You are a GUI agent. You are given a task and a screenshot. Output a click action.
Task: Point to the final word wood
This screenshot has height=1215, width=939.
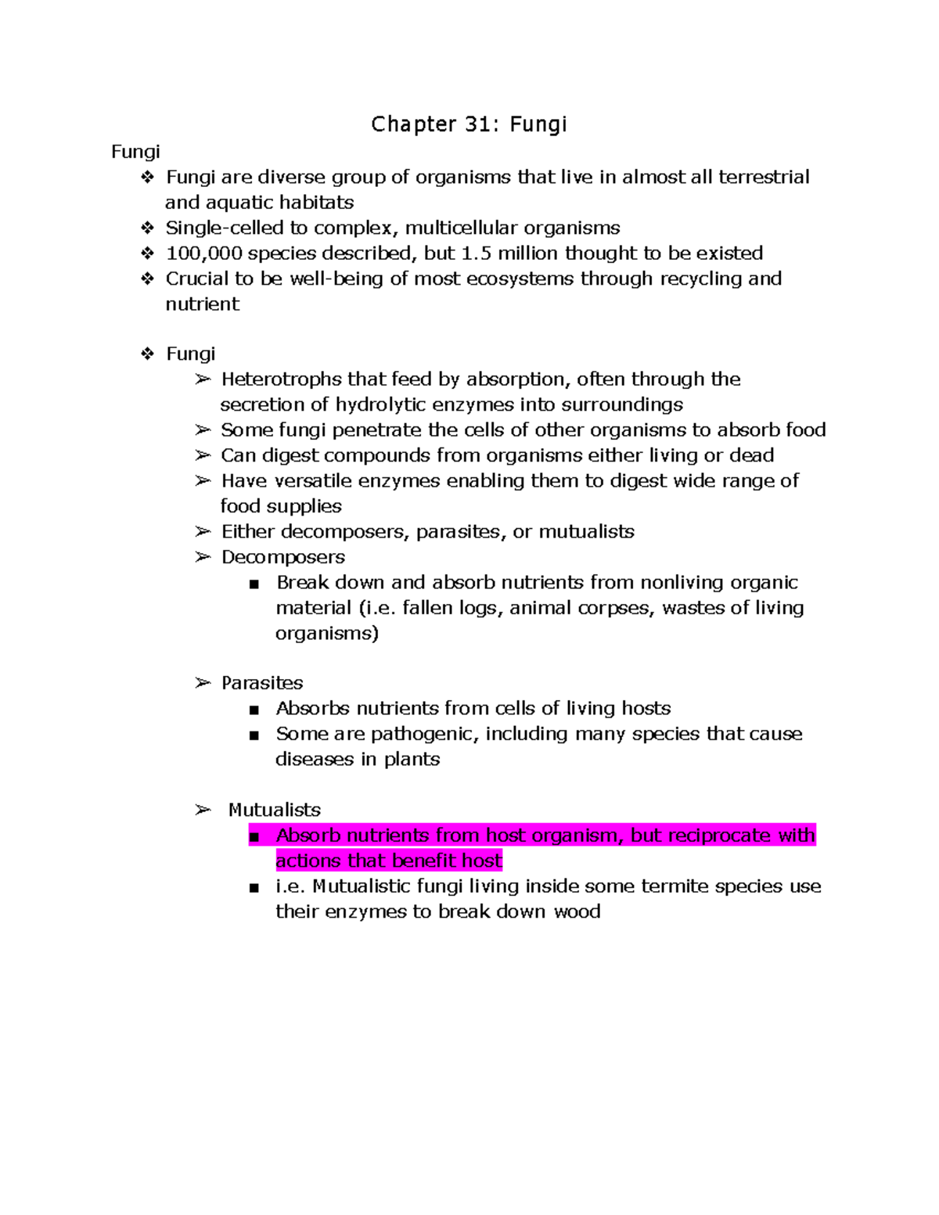(x=577, y=912)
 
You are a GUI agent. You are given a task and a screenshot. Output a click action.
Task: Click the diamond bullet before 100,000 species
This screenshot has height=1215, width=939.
(x=147, y=253)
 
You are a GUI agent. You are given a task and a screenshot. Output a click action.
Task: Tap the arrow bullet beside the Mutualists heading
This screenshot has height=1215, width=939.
(x=203, y=811)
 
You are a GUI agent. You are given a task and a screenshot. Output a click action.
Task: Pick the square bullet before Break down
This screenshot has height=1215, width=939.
(x=254, y=584)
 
